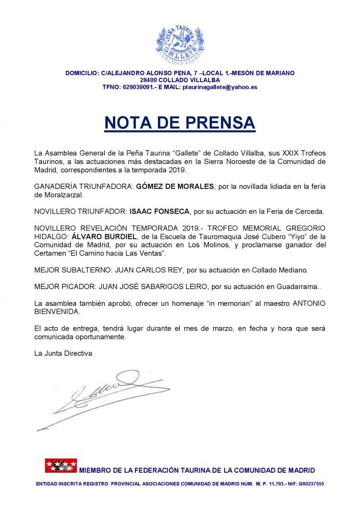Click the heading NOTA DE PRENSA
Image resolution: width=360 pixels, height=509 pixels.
coord(179,123)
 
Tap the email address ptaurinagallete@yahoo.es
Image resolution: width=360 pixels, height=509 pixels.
coord(219,87)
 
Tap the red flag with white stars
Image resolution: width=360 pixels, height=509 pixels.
coord(61,465)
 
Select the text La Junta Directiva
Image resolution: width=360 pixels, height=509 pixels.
coord(63,353)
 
